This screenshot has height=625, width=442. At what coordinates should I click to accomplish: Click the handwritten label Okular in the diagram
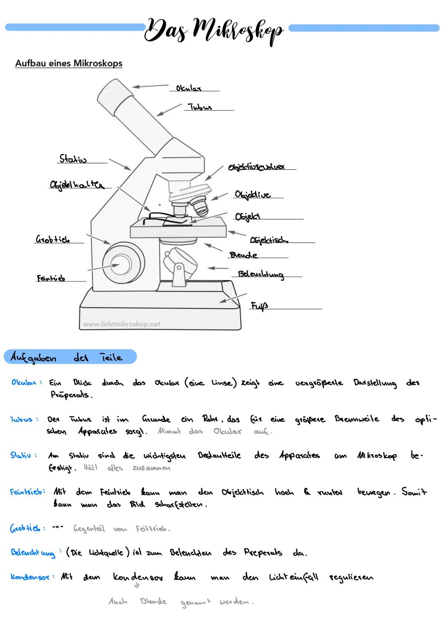tap(188, 88)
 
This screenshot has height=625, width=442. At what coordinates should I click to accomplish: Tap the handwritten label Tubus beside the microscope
tap(200, 107)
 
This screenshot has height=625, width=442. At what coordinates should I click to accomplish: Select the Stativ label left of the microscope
tap(73, 159)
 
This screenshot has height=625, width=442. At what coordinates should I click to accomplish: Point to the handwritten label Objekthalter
tap(77, 185)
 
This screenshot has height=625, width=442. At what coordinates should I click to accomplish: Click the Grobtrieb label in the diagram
tap(52, 239)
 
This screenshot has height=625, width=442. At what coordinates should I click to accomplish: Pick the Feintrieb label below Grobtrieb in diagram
tap(51, 278)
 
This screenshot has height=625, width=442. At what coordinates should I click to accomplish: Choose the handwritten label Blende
tap(244, 255)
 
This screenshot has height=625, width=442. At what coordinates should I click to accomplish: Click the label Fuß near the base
tap(259, 306)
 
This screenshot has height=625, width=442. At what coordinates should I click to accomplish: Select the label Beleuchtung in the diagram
tap(261, 274)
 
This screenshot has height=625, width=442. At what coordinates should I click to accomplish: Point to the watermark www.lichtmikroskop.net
tap(122, 324)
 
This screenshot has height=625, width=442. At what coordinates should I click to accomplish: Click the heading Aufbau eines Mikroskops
tap(69, 63)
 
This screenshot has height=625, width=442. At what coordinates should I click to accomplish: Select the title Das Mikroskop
tap(214, 29)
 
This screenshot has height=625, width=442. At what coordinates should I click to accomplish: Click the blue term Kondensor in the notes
tap(30, 577)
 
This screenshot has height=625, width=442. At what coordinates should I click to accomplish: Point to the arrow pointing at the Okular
tap(150, 86)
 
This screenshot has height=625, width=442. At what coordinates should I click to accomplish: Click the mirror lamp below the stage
tap(179, 262)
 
